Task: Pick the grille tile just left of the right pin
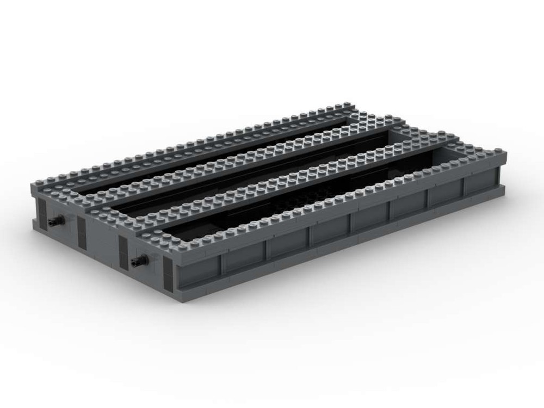tap(123, 253)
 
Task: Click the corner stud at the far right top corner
tap(501, 149)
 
